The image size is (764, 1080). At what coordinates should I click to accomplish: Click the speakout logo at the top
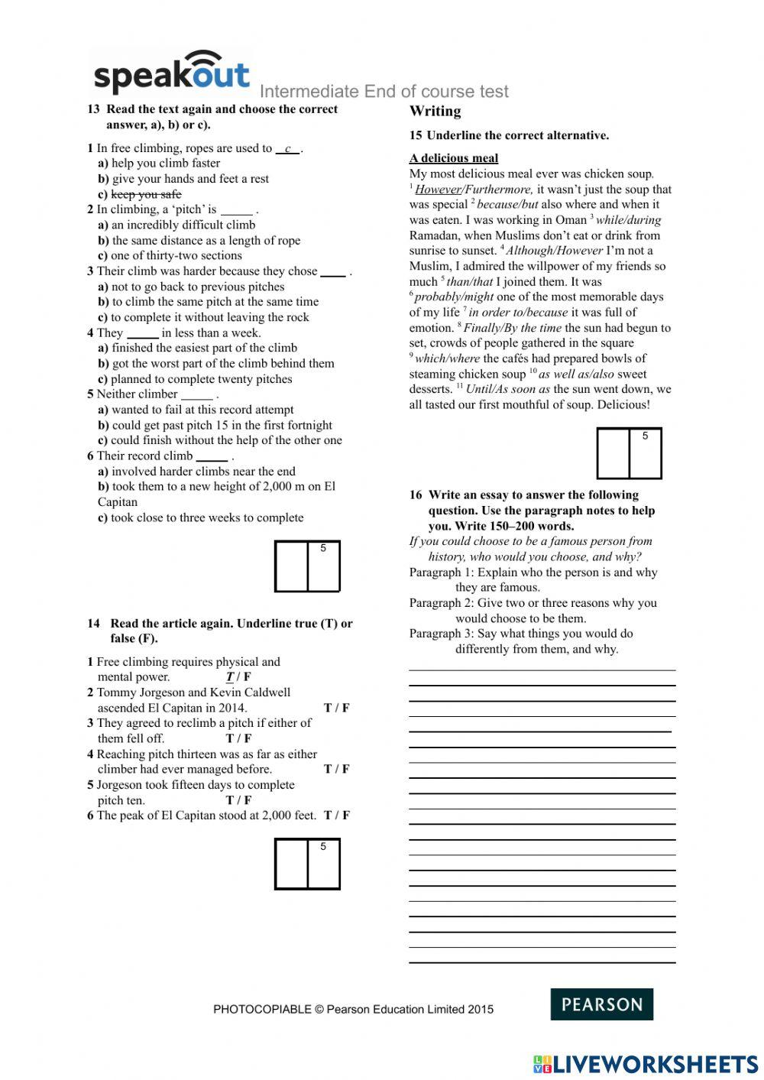(171, 74)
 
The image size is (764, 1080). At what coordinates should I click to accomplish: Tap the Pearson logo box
(601, 1004)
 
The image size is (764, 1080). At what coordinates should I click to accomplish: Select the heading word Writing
(435, 112)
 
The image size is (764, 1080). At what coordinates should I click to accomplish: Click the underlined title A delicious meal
(453, 158)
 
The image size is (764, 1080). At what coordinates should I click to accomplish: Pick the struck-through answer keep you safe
(146, 194)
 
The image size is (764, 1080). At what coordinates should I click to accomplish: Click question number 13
(93, 109)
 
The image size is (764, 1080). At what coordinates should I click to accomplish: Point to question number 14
(93, 624)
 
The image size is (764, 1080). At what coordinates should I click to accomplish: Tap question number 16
(416, 495)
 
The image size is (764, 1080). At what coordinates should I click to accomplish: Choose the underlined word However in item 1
(438, 190)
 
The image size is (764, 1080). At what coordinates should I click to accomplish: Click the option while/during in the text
(628, 220)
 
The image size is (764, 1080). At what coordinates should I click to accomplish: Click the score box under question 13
(307, 566)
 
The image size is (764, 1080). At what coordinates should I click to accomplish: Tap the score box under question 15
(629, 453)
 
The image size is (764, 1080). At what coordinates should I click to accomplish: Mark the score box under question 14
(307, 864)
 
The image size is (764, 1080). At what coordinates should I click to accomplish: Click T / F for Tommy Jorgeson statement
(336, 708)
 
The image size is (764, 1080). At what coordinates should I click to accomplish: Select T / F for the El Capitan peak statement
(336, 816)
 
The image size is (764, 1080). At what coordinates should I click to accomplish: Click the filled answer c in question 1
(288, 149)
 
